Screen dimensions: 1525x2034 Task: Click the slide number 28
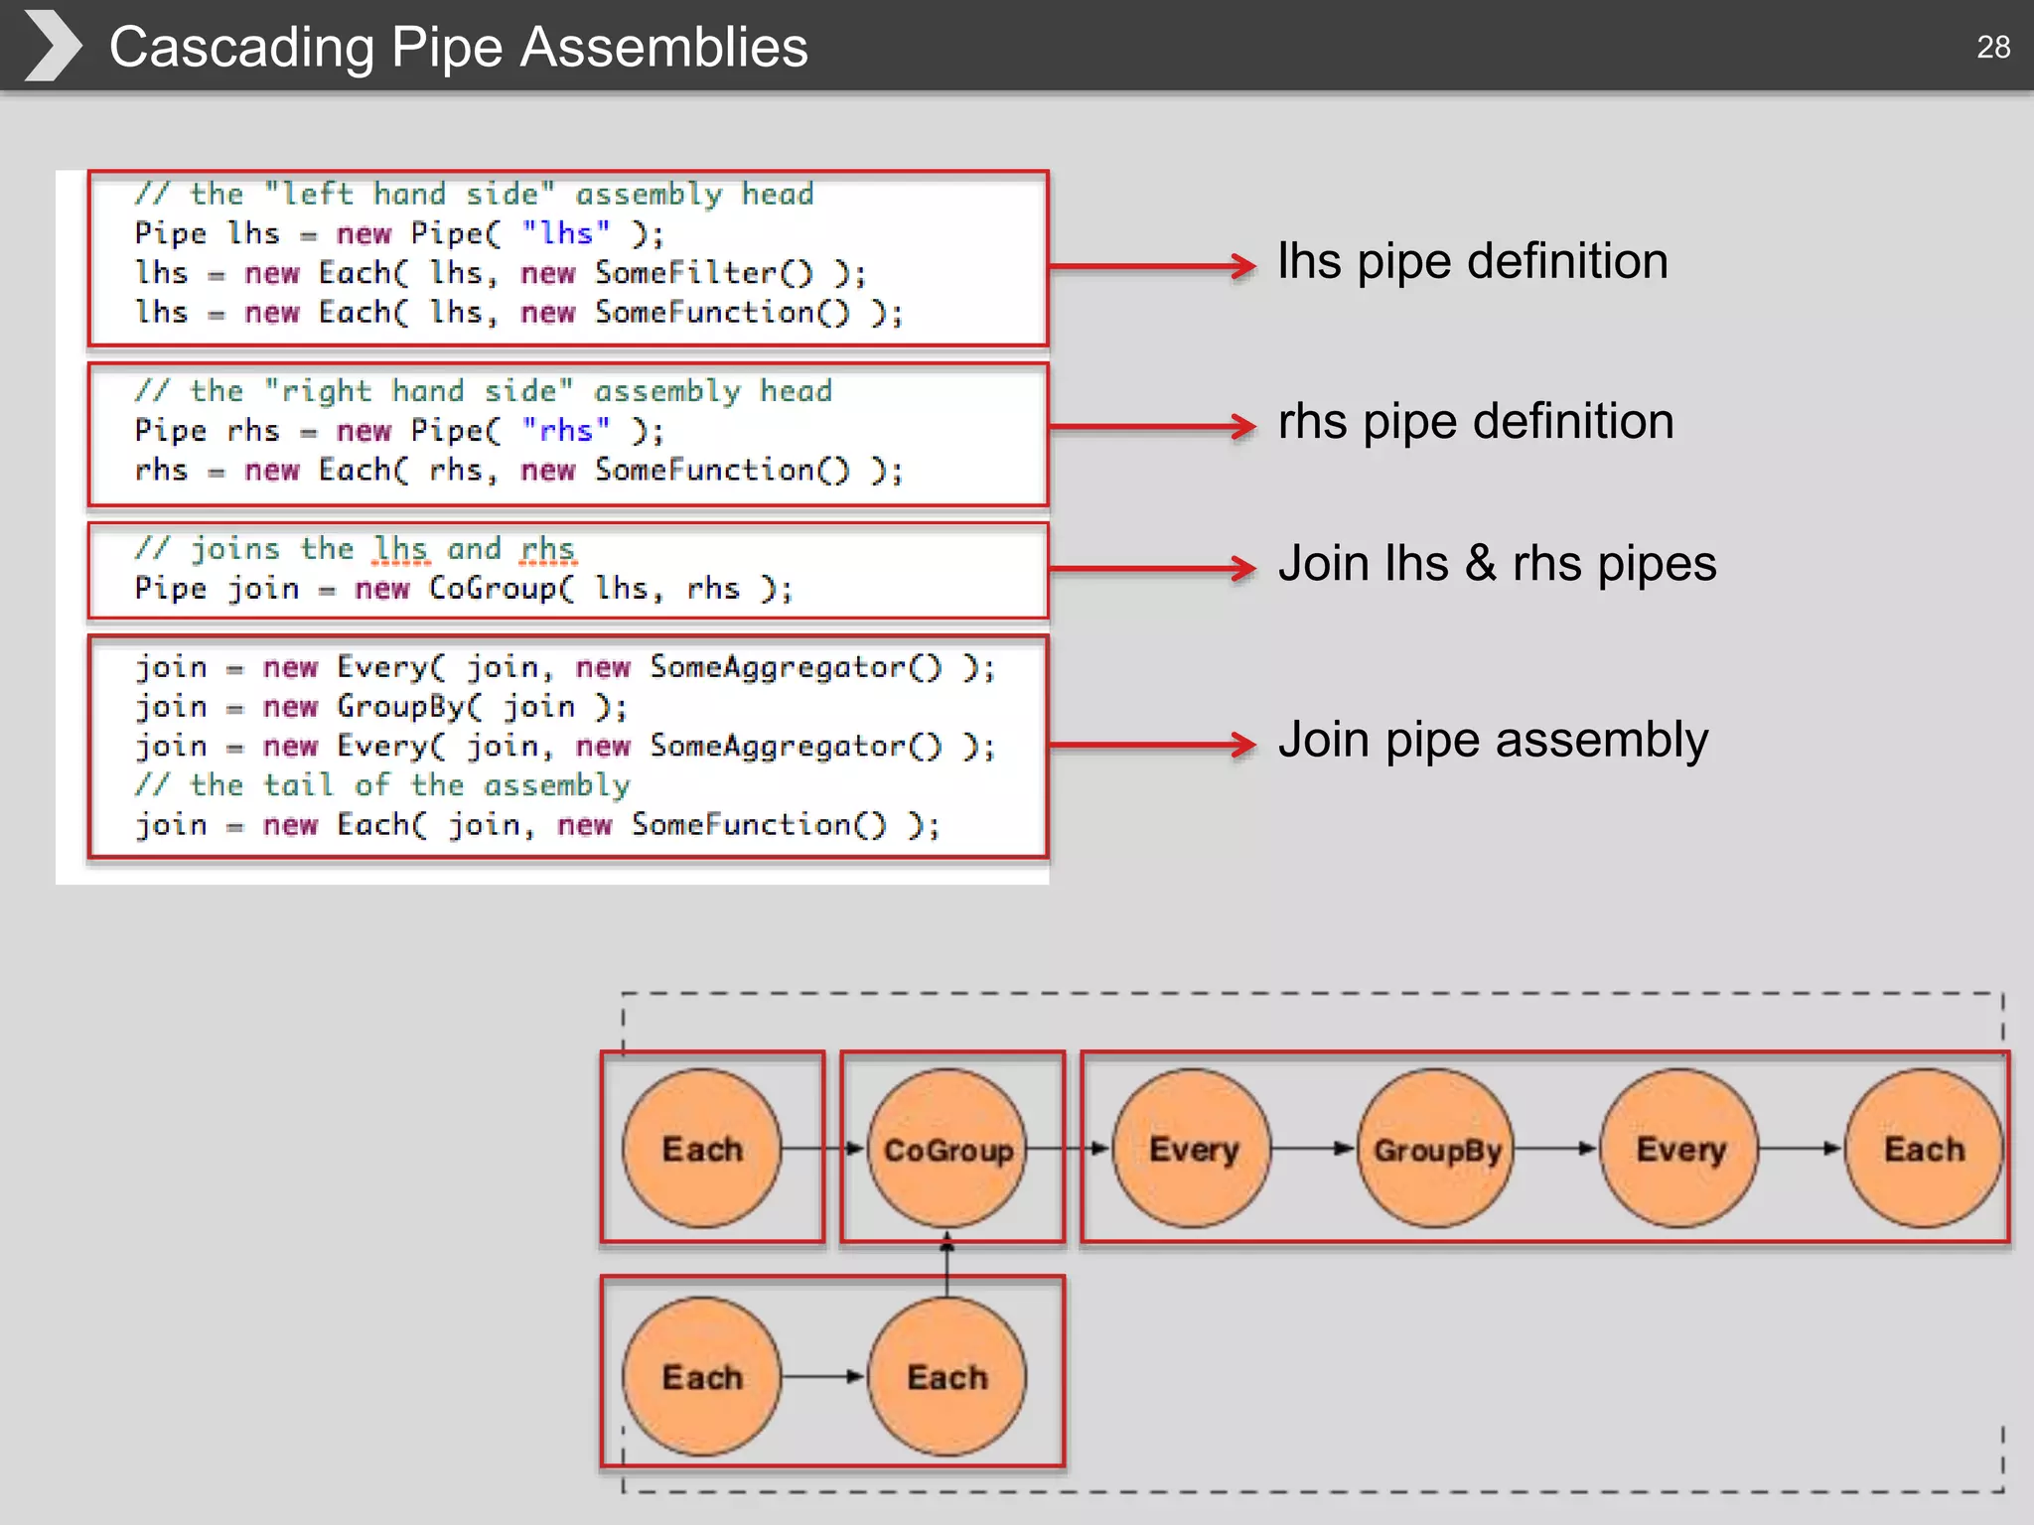tap(1992, 47)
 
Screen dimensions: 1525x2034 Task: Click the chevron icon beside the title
tap(52, 46)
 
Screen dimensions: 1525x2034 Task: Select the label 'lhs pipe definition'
tap(1472, 261)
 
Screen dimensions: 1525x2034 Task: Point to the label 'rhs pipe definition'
tap(1475, 421)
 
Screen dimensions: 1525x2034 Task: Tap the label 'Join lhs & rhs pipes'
tap(1497, 563)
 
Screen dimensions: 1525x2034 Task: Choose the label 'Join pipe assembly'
tap(1492, 740)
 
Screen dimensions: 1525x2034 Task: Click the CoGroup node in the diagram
tap(947, 1149)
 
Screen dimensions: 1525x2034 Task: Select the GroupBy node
tap(1436, 1149)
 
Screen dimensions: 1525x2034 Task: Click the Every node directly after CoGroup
tap(1192, 1149)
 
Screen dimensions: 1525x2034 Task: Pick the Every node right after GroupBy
tap(1679, 1149)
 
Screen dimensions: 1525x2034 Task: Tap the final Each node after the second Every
tap(1924, 1149)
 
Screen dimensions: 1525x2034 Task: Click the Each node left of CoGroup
tap(702, 1149)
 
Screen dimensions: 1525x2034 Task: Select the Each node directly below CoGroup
tap(947, 1377)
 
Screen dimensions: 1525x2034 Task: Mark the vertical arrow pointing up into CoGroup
tap(946, 1266)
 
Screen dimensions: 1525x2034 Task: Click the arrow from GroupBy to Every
tap(1556, 1149)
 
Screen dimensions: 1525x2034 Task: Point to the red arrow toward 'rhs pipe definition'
tap(1152, 427)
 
